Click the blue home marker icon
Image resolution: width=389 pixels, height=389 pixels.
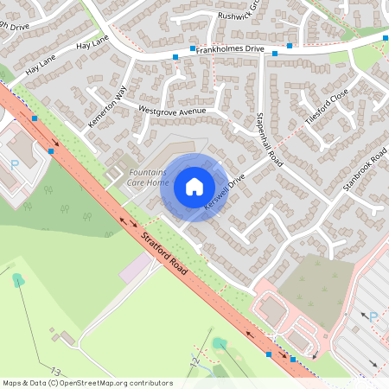click(x=194, y=187)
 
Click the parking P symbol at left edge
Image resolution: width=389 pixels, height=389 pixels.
click(x=14, y=163)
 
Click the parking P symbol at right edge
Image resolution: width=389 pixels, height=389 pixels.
click(x=373, y=317)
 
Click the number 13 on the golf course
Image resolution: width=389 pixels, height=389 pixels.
click(x=55, y=371)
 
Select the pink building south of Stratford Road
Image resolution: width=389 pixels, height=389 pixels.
click(x=135, y=267)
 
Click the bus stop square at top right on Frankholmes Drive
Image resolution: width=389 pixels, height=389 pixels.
click(x=290, y=45)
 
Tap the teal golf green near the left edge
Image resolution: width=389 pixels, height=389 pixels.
click(x=17, y=279)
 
